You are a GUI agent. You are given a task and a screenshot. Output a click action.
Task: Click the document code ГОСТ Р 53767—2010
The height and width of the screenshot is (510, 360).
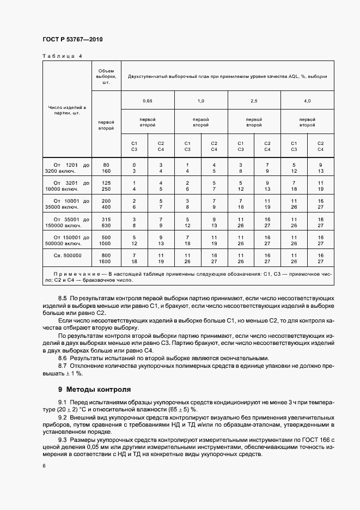[x=72, y=40]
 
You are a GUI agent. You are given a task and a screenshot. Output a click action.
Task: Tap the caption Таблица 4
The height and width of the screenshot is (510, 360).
[x=62, y=56]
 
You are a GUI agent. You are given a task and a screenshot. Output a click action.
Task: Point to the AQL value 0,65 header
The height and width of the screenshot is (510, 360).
[x=147, y=101]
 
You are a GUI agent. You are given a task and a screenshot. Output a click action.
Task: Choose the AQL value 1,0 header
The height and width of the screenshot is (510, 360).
[x=200, y=101]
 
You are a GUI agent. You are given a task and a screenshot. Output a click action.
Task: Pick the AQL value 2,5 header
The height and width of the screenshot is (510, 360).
[x=254, y=101]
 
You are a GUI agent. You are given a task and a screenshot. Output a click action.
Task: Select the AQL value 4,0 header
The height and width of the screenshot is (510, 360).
[x=307, y=101]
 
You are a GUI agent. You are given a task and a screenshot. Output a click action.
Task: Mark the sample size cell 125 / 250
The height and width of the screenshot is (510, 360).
[x=106, y=185]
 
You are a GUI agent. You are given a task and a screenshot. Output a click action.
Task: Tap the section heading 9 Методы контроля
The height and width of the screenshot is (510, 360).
[x=94, y=390]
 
